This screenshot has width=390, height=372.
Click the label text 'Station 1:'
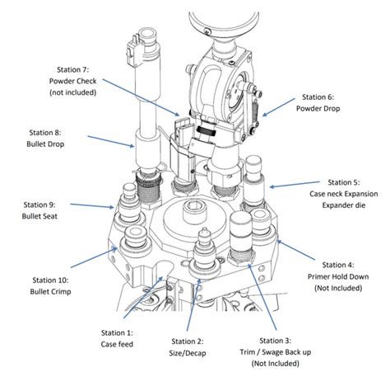click(x=117, y=333)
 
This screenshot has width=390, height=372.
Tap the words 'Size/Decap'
click(x=188, y=353)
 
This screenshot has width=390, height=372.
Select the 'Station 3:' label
click(x=276, y=341)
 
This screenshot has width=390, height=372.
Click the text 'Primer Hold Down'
click(x=338, y=276)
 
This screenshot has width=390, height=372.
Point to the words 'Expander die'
click(x=344, y=205)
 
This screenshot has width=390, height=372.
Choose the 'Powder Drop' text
click(x=318, y=109)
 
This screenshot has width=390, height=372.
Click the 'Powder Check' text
click(x=73, y=81)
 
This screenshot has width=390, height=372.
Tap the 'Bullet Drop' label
click(x=45, y=144)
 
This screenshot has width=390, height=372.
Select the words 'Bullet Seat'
click(x=39, y=216)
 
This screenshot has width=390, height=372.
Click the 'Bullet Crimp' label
click(x=50, y=292)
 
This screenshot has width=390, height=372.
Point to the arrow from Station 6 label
click(x=278, y=107)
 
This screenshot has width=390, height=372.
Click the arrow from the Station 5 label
click(x=295, y=184)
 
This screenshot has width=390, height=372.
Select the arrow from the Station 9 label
click(x=92, y=205)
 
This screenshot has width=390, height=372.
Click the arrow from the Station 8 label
click(x=111, y=141)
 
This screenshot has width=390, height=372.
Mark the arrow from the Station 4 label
click(x=296, y=250)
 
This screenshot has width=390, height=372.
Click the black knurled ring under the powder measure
click(x=207, y=131)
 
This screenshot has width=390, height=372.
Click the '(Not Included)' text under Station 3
click(x=276, y=364)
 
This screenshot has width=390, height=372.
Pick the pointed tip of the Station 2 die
click(x=204, y=228)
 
